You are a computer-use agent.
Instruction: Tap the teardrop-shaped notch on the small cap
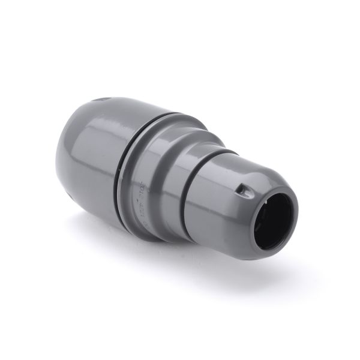tap(241, 190)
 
